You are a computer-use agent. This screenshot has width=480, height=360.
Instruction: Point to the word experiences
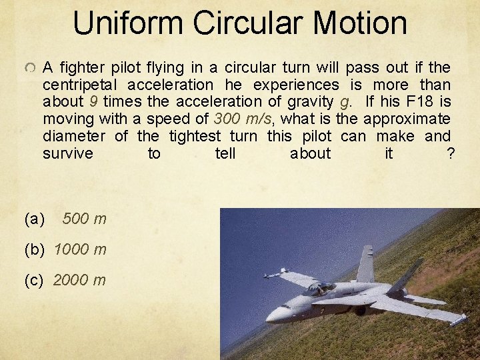[295, 85]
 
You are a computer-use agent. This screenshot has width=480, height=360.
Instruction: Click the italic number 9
[93, 102]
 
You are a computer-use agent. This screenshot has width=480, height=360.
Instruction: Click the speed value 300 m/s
[241, 119]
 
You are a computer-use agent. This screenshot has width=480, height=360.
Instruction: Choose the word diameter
[73, 137]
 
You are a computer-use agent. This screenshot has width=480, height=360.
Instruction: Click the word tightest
[196, 137]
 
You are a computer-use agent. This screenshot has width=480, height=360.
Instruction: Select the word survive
[67, 154]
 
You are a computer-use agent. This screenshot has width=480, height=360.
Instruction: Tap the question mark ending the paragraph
[451, 154]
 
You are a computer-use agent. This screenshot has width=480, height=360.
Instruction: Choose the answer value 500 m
[84, 219]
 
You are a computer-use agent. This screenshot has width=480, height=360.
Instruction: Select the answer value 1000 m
[79, 249]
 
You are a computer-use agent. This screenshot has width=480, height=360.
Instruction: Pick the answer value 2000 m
[79, 280]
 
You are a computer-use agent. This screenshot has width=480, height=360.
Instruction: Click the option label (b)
[34, 249]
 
